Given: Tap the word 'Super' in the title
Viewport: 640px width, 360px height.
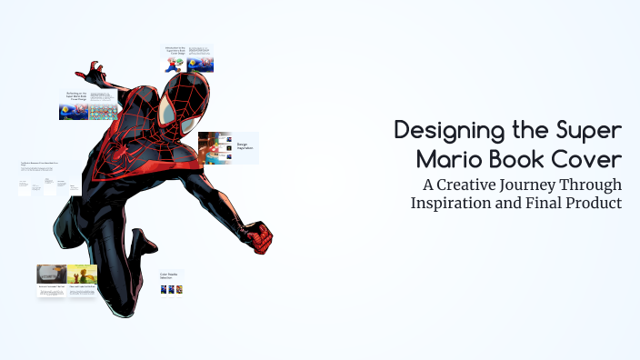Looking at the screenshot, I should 592,131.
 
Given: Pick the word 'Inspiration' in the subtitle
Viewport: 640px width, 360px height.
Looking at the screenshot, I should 451,203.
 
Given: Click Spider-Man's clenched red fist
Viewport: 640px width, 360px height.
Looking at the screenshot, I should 260,239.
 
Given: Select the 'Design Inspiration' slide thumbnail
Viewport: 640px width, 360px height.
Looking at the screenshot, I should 228,147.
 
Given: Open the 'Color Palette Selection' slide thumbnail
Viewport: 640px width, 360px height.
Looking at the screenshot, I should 172,281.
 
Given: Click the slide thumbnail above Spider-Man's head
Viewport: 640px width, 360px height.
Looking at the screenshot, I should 188,58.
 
